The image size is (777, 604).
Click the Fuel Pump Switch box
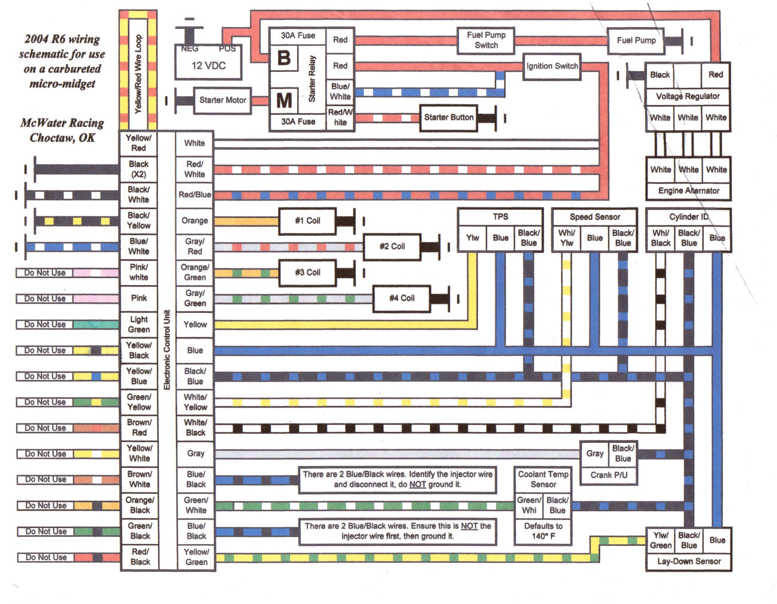coord(486,40)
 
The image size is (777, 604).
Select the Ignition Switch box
coord(552,66)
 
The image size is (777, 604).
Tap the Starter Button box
coord(448,117)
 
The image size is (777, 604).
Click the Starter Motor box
coord(222,100)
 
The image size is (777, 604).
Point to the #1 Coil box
coord(307,221)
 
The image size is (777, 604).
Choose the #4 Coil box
coord(401,298)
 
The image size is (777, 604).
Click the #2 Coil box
coord(392,246)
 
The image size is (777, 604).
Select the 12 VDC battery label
coord(208,65)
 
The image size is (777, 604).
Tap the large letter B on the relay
coord(284,58)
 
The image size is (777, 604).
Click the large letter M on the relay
coord(284,100)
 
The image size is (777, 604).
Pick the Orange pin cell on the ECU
coord(195,221)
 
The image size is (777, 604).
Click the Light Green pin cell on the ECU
coord(139,324)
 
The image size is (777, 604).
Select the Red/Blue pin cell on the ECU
coord(195,195)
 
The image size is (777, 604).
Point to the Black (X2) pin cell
coord(138,169)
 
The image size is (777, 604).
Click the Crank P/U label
coord(609,475)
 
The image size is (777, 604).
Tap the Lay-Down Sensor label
coord(689,561)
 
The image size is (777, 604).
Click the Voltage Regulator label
coord(688,96)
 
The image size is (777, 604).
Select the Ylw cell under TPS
coord(472,238)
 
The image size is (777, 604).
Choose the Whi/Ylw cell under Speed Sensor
coord(567,238)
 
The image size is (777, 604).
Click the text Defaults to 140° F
coord(543,531)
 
